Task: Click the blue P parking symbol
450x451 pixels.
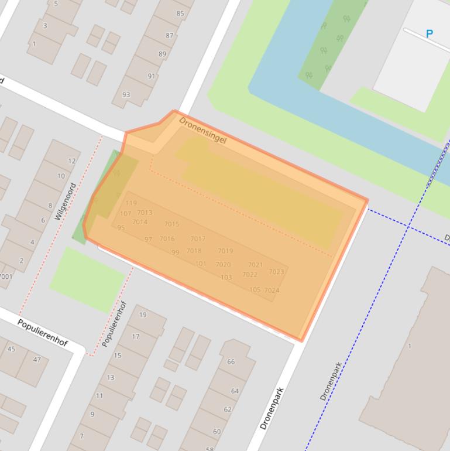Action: point(430,34)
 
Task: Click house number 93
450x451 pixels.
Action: point(126,95)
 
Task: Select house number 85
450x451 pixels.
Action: point(180,13)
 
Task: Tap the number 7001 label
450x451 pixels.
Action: point(5,276)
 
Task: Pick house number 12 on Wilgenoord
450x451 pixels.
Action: point(72,161)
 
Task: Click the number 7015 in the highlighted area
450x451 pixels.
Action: point(171,224)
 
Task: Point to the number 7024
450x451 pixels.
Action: point(272,291)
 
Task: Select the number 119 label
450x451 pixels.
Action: point(131,203)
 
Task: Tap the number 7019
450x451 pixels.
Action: point(225,251)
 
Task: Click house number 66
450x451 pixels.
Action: point(231,362)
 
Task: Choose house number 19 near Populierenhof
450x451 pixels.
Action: point(143,315)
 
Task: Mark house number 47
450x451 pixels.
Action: point(37,360)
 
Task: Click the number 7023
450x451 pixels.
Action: point(276,272)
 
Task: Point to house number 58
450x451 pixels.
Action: point(209,449)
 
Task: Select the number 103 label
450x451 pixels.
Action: point(226,278)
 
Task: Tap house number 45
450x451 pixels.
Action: point(11,350)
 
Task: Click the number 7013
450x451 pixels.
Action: point(145,213)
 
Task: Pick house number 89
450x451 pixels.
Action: point(162,54)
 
